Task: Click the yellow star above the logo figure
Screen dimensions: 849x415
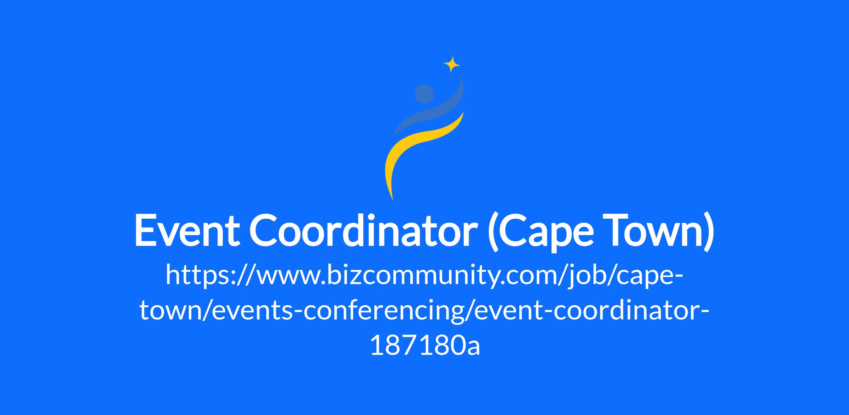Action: [x=452, y=64]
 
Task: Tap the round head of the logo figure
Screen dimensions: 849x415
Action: [x=424, y=94]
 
